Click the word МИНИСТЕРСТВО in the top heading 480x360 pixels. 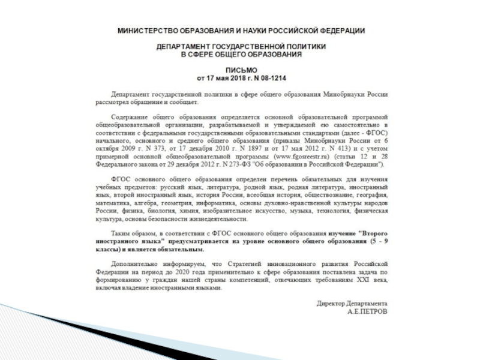(x=143, y=30)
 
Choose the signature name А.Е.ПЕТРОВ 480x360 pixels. (x=368, y=312)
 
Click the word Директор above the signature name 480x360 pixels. (x=332, y=304)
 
